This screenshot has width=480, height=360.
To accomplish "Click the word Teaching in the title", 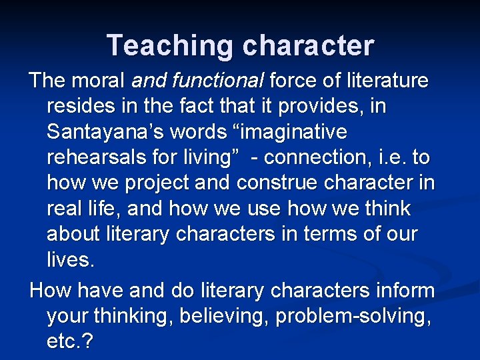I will coord(170,45).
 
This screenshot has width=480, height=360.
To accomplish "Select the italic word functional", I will coord(217,81).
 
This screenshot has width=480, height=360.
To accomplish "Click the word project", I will coord(159,183).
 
